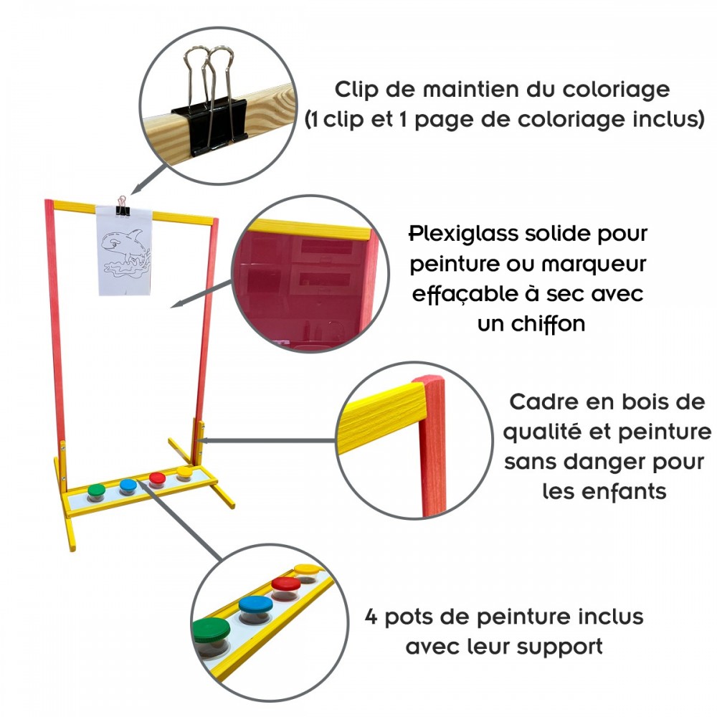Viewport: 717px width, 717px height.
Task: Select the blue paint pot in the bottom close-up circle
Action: (x=256, y=607)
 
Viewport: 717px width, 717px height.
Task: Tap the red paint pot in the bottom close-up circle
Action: (x=285, y=587)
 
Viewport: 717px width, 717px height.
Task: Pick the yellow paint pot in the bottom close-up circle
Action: (x=308, y=571)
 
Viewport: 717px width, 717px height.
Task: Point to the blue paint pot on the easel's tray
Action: (x=128, y=485)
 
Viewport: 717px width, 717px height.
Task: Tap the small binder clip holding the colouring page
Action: (x=123, y=203)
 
